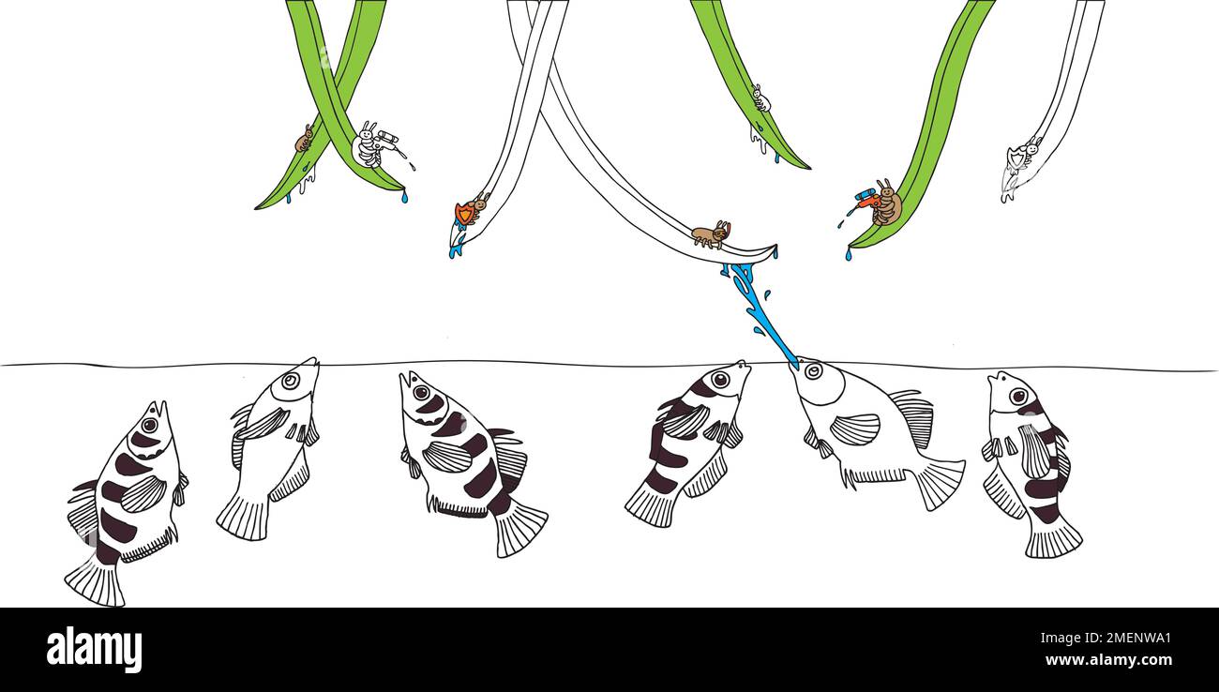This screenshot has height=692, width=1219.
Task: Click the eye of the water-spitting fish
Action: tap(813, 371)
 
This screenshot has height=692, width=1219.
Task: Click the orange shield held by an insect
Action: tap(463, 213)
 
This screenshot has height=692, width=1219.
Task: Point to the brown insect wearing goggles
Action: tap(711, 233)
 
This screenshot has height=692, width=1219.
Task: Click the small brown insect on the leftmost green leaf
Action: tap(304, 140)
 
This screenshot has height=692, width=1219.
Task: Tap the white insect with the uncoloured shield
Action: tap(1023, 154)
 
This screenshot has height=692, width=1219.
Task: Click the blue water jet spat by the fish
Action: tap(760, 314)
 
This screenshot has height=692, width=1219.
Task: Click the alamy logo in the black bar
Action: tap(94, 650)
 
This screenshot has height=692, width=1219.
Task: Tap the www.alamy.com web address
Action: tap(1108, 660)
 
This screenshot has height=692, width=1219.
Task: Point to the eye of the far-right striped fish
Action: tap(1017, 396)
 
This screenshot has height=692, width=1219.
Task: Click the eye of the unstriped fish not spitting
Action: tap(291, 381)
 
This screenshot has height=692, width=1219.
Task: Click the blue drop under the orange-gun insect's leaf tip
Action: tap(848, 254)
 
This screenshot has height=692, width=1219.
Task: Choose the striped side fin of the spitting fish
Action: tap(854, 429)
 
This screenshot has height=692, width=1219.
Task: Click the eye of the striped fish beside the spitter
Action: tap(720, 379)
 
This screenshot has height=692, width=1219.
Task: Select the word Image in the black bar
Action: tap(1055, 639)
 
